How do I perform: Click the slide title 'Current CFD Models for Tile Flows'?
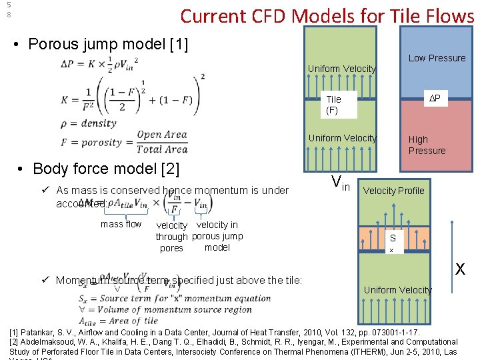point(327,16)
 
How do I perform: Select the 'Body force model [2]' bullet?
point(105,169)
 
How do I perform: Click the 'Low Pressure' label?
point(437,58)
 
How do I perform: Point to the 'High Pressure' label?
point(427,145)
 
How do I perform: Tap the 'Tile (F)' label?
point(333,105)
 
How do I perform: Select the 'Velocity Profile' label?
point(393,191)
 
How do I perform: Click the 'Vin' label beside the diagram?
point(340,182)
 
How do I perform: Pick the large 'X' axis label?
point(460,269)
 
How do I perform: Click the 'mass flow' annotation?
point(121,225)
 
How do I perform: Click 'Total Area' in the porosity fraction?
point(162,149)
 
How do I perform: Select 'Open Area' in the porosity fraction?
point(162,135)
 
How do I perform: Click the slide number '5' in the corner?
point(9,5)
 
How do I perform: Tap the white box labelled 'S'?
point(393,238)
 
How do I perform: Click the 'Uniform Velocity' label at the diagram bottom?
point(397,290)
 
